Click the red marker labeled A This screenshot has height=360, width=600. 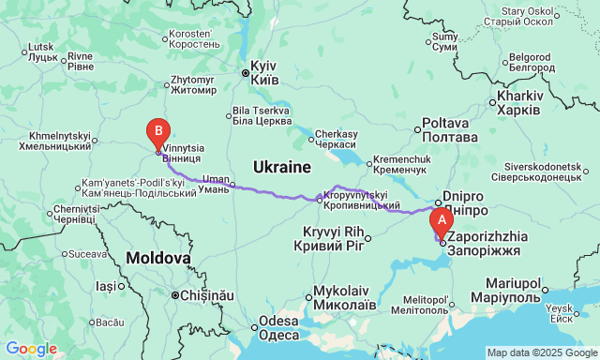(440, 221)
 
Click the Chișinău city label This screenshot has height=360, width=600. (202, 295)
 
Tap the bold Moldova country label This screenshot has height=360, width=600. (159, 257)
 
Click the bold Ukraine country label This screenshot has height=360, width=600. (281, 167)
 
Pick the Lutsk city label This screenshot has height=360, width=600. (43, 52)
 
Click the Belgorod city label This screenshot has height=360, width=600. (532, 62)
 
